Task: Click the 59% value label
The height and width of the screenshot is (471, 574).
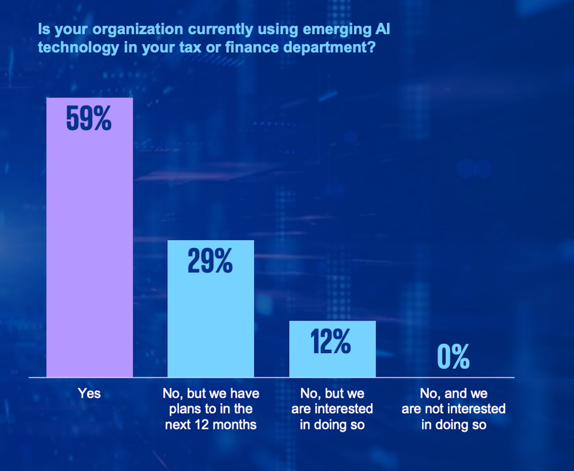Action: point(89,119)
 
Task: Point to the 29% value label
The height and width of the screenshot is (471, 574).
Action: point(210,261)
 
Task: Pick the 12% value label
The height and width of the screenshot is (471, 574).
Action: point(331,342)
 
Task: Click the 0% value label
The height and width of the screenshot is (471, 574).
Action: point(453,356)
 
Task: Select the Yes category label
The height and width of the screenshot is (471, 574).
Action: point(89,394)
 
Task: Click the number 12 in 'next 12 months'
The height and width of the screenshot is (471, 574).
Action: point(202,425)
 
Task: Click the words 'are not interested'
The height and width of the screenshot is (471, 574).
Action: point(453,409)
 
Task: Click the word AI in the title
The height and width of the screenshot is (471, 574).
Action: point(383,29)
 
